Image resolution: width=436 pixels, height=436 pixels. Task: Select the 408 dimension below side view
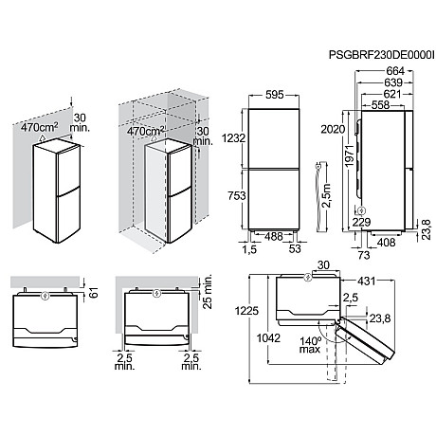[387, 243]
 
